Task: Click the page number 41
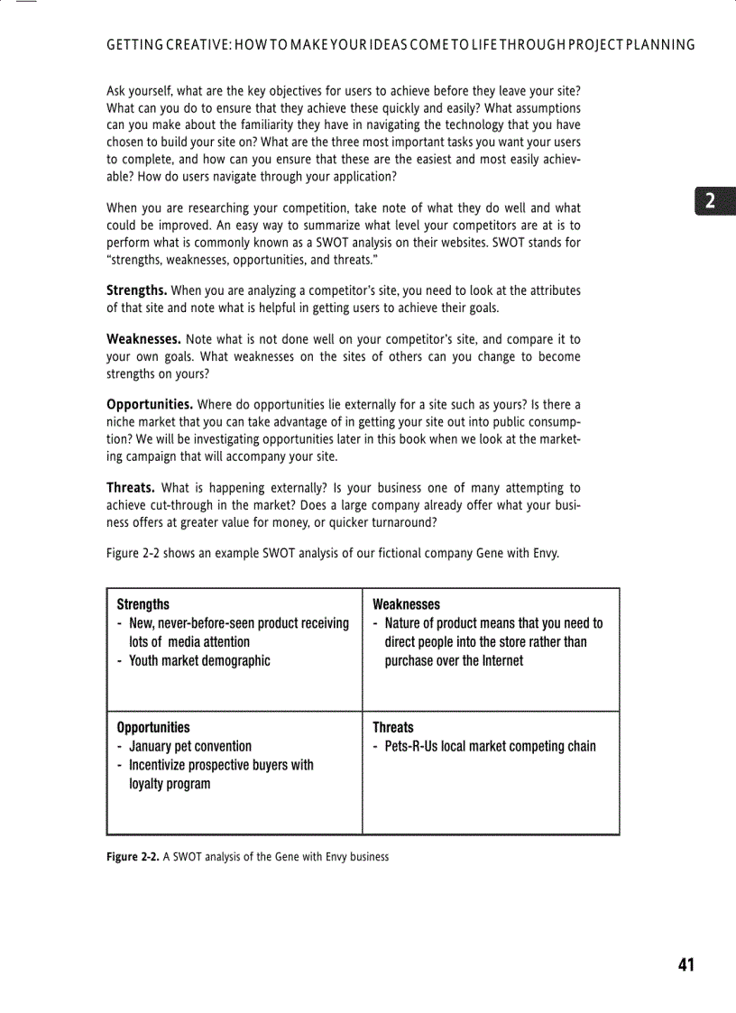click(685, 964)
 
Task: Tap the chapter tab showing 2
click(712, 201)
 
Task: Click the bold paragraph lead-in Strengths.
click(136, 290)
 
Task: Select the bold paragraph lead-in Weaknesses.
click(144, 339)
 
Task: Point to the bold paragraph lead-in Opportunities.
click(150, 404)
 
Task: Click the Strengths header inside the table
click(143, 604)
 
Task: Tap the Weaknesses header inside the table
click(406, 604)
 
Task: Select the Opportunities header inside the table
click(153, 727)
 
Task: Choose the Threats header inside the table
click(393, 727)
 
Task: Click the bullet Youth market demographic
click(199, 660)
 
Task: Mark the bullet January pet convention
click(190, 746)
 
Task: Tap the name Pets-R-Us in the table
click(412, 746)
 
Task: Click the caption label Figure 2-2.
click(133, 857)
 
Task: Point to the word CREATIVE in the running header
click(194, 44)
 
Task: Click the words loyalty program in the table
click(170, 784)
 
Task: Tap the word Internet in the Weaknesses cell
click(494, 660)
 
